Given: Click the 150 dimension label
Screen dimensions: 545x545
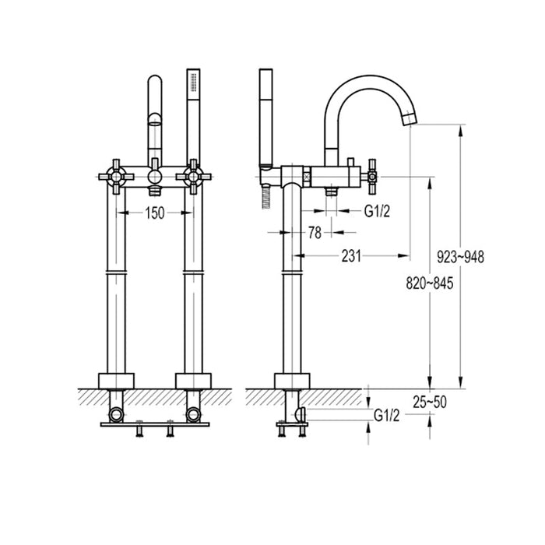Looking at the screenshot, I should click(x=155, y=213).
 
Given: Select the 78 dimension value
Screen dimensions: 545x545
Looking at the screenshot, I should click(x=315, y=232).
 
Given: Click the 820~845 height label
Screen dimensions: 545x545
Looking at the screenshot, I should click(x=429, y=284).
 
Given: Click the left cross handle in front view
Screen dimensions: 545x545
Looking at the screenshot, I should click(x=115, y=178).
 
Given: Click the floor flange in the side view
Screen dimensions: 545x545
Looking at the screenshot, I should click(x=293, y=381).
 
